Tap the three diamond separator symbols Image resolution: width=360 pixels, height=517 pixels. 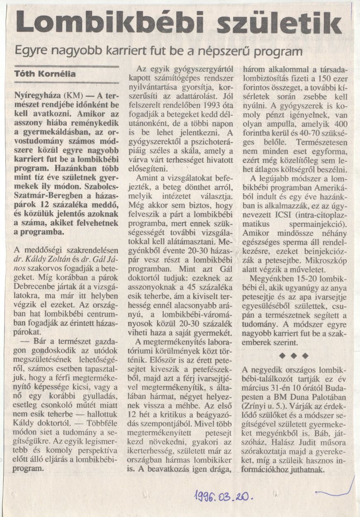point(294,355)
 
